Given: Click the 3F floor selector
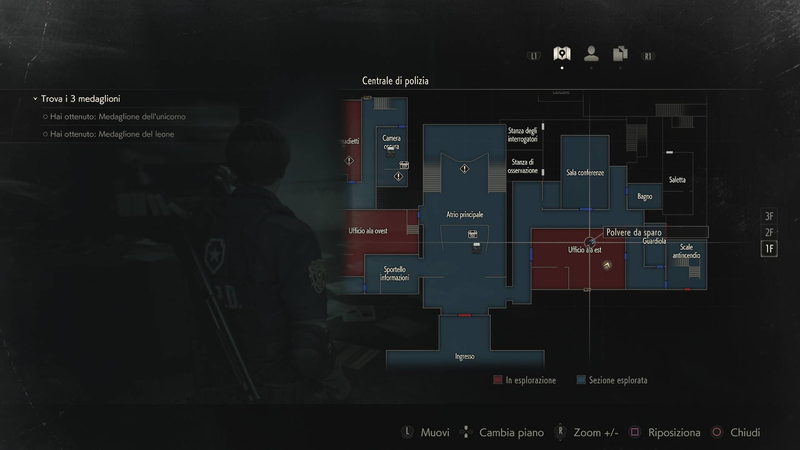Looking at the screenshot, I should [x=769, y=216].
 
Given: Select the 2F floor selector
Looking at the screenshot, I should [x=769, y=232].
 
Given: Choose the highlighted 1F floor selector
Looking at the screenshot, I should [x=769, y=249].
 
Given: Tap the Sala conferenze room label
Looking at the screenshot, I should [x=585, y=172].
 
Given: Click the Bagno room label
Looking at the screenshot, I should [x=645, y=196].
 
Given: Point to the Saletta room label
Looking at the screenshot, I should [x=677, y=180].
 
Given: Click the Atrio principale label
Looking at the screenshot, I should [x=465, y=215].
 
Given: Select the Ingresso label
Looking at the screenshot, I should [x=465, y=356].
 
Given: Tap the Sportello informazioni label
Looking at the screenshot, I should [x=395, y=273].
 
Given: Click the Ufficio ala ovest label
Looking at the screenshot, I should [x=368, y=231].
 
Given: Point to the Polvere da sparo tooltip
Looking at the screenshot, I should [x=634, y=232].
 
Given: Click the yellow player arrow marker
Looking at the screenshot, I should [x=607, y=265].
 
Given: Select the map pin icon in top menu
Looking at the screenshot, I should [x=562, y=54].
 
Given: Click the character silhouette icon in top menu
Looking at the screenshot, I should [x=591, y=54].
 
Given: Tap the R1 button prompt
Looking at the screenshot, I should [x=648, y=56].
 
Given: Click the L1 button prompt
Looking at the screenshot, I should [x=534, y=56].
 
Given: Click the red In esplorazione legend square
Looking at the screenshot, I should [x=497, y=380].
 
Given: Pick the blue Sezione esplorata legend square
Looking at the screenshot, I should [x=581, y=380].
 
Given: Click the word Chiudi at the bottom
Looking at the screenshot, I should [x=745, y=432].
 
